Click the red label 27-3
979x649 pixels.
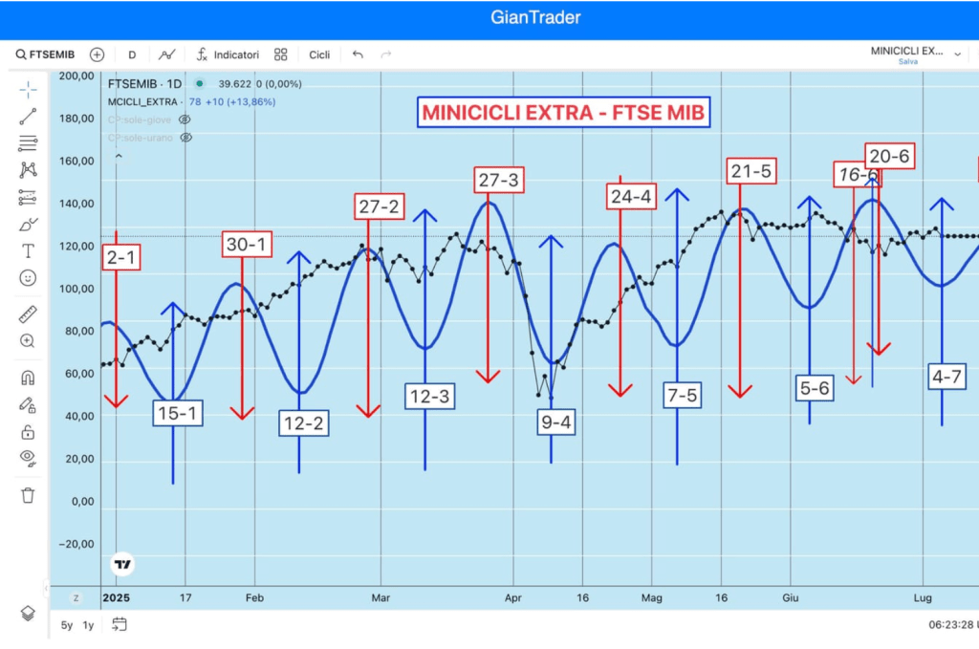[499, 180]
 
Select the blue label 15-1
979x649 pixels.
[178, 413]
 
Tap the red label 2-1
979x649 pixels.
[120, 256]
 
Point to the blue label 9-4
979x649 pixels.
[555, 422]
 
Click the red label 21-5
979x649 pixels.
[751, 171]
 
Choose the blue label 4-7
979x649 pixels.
[946, 377]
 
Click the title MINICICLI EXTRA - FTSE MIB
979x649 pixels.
[564, 113]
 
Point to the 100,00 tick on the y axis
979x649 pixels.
[76, 289]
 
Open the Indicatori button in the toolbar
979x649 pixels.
[228, 54]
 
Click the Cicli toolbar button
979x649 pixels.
[319, 54]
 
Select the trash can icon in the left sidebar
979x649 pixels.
[28, 494]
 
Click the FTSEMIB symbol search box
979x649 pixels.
[45, 54]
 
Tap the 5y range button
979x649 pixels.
[66, 625]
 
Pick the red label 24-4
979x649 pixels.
[631, 197]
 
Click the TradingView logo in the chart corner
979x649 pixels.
[122, 564]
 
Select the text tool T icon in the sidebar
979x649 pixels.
[28, 251]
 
